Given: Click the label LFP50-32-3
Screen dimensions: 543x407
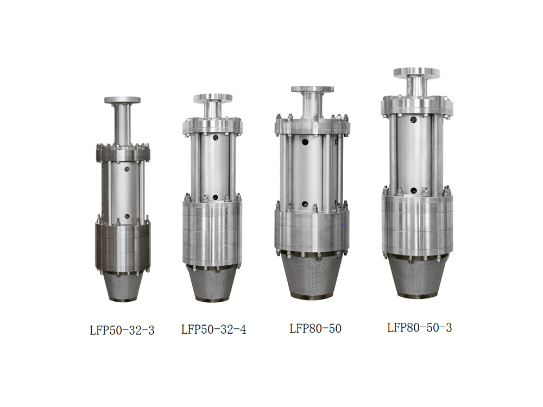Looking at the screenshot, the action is tap(122, 330).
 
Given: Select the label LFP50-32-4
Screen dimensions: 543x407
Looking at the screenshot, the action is tap(213, 329).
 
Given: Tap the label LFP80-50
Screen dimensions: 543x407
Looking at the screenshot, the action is tap(315, 328).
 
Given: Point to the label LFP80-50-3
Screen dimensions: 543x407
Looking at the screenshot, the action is tap(419, 327).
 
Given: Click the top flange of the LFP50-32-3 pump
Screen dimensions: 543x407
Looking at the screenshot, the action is tap(122, 100).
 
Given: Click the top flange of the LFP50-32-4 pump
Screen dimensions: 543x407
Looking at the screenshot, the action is tap(213, 98).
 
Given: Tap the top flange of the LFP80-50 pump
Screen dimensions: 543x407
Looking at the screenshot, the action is tap(312, 90).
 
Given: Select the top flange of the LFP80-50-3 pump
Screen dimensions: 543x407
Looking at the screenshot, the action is tap(416, 73).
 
